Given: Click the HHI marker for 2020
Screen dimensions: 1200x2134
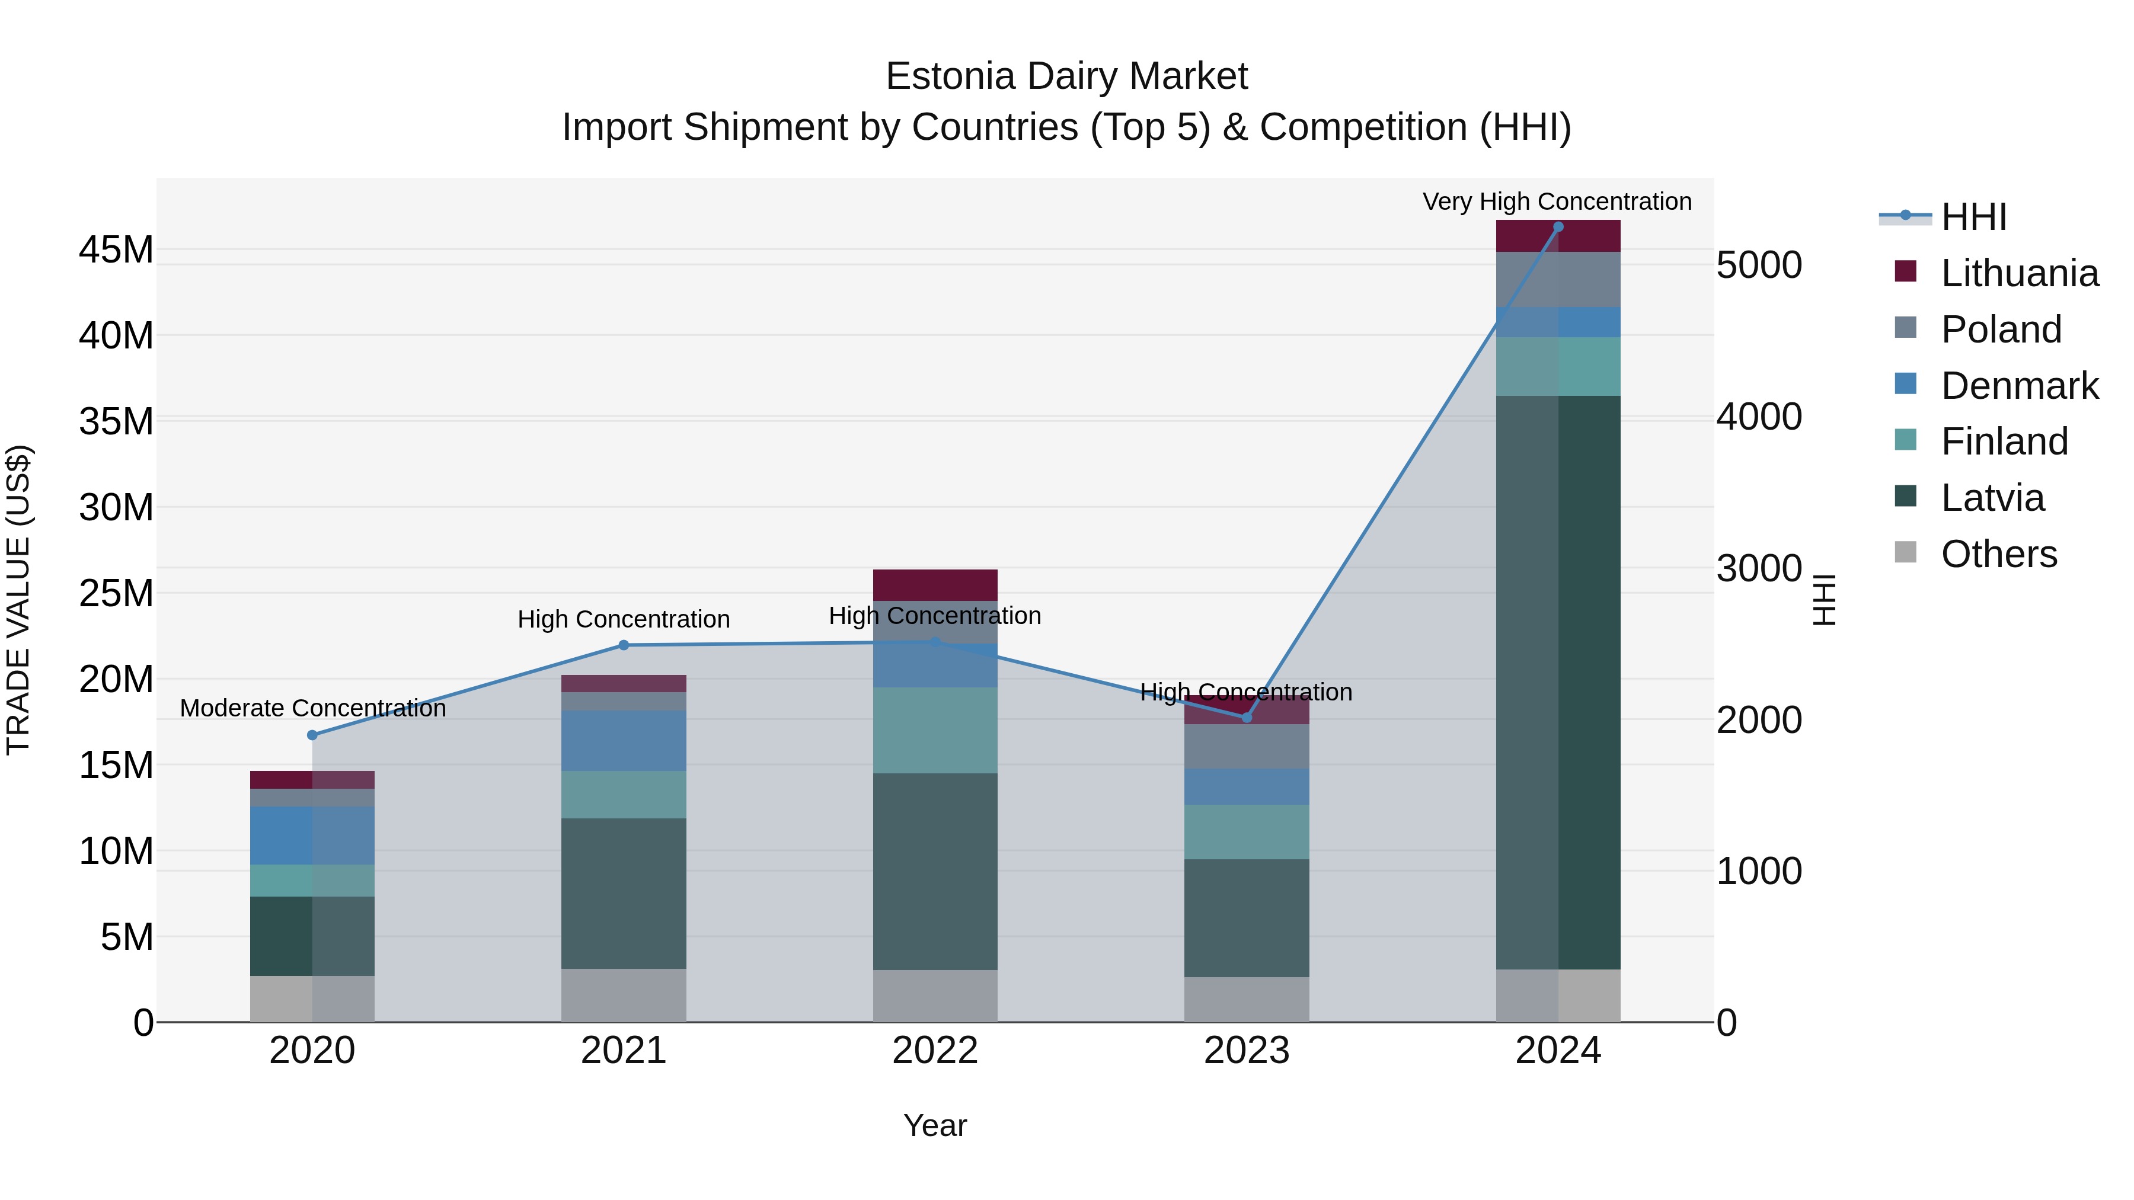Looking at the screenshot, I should [x=312, y=735].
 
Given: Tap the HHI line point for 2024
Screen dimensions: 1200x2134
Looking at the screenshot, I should [x=1557, y=227].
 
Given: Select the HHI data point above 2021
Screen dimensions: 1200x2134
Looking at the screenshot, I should [x=624, y=645].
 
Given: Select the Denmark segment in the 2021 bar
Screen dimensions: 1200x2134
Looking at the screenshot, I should [x=624, y=740].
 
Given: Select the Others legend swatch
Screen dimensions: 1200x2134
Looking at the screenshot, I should [x=1905, y=552].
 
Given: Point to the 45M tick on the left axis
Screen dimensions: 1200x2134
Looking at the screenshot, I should [x=116, y=250].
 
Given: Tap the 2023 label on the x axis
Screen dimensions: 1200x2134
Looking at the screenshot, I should [x=1246, y=1051].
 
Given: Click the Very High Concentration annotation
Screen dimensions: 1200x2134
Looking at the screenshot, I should [x=1557, y=201].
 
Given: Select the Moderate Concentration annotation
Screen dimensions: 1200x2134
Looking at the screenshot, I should [x=312, y=708].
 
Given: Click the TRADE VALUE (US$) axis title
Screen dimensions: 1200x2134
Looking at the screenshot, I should [x=18, y=600].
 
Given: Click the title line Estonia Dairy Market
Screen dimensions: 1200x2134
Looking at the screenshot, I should [x=1066, y=76].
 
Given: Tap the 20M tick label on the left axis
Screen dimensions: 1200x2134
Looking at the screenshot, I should [x=116, y=680].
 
